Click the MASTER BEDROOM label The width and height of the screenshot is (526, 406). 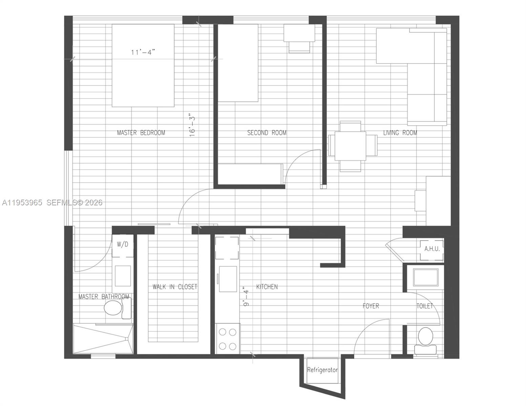tap(141, 133)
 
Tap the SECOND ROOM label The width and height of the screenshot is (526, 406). tap(267, 133)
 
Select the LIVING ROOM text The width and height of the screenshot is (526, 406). tap(400, 133)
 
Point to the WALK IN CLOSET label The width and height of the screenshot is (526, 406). tap(175, 287)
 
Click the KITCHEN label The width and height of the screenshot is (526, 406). tap(267, 287)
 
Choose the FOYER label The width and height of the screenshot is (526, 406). tap(371, 306)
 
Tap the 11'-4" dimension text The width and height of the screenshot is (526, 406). tap(143, 52)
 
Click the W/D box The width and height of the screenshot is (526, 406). tap(123, 244)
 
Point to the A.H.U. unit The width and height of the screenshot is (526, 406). tap(432, 249)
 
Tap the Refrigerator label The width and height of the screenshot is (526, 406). tap(322, 370)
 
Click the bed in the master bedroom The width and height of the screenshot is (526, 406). tap(143, 65)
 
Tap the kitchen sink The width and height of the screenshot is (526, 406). tap(228, 279)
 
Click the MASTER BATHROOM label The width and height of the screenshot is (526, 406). tap(104, 297)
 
